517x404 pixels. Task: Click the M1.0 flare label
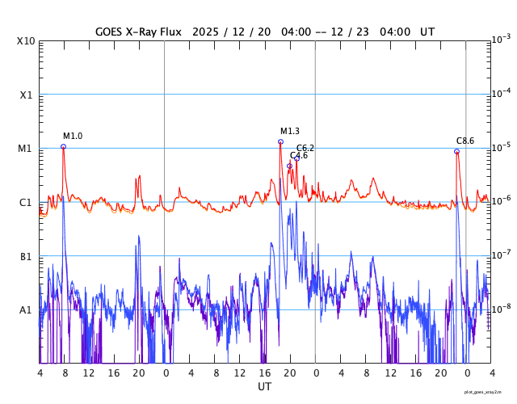73,136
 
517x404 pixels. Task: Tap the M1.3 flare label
290,131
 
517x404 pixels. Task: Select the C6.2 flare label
305,148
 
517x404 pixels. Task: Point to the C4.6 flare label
299,155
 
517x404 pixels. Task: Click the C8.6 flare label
465,141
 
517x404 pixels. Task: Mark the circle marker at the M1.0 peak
63,146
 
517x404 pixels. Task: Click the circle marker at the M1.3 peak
280,141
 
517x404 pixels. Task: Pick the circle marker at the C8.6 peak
456,151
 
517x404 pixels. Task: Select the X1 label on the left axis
27,95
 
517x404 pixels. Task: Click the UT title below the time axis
265,387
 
